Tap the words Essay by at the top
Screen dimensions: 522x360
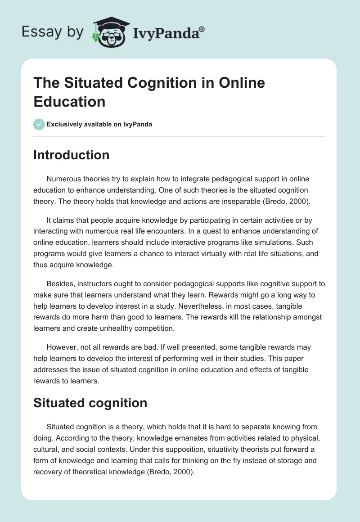53,32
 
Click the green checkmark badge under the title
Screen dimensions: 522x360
39,124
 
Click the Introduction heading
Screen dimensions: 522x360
71,155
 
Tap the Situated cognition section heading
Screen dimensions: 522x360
90,403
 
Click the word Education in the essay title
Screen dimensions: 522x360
69,101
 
